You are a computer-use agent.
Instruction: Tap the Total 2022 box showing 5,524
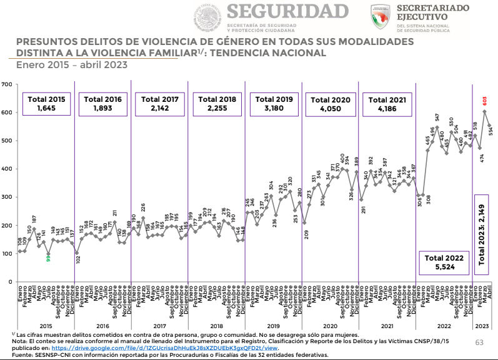pyautogui.click(x=445, y=262)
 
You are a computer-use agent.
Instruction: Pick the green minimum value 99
pyautogui.click(x=47, y=257)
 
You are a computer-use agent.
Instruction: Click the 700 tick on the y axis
pyautogui.click(x=6, y=84)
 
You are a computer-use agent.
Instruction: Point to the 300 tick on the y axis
pyautogui.click(x=6, y=197)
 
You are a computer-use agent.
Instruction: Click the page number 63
pyautogui.click(x=480, y=342)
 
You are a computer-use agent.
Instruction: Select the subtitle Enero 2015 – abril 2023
pyautogui.click(x=71, y=64)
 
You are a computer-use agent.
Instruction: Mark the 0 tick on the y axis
pyautogui.click(x=9, y=282)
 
